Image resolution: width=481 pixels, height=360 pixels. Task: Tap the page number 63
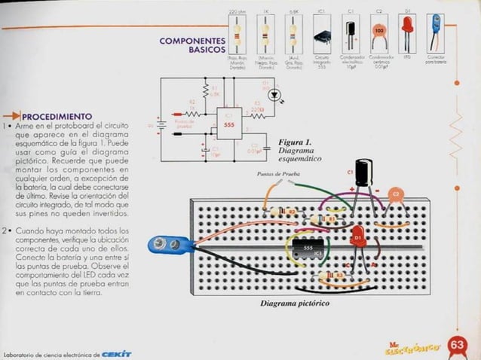click(x=457, y=344)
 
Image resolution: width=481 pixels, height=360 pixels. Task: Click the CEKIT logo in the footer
click(x=116, y=353)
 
